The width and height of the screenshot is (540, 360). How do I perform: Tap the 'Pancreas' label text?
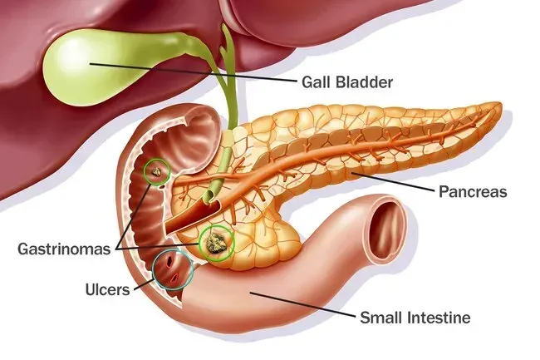click(x=472, y=192)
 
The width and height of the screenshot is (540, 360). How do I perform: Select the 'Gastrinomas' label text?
click(x=66, y=249)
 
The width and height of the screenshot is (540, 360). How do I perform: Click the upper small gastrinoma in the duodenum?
click(x=155, y=172)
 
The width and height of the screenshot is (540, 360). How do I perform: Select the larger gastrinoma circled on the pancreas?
click(x=216, y=243)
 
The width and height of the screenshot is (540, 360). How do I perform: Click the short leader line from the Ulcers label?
click(x=141, y=285)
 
